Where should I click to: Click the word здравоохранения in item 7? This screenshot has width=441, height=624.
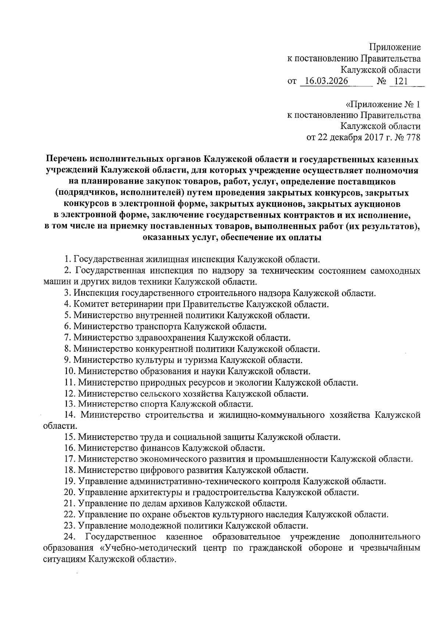[175, 337]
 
